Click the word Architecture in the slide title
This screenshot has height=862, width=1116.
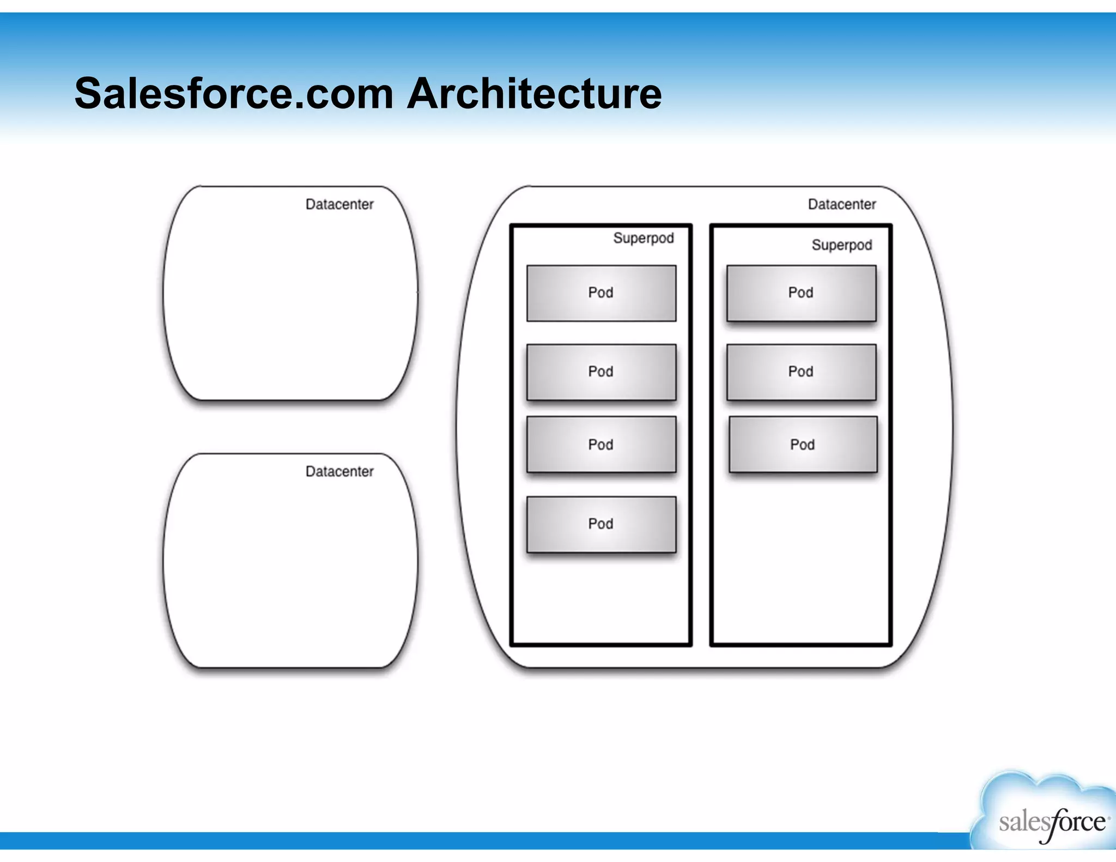point(534,94)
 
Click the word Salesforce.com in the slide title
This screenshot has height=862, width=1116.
point(234,94)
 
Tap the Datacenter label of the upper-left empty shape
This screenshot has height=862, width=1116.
point(339,204)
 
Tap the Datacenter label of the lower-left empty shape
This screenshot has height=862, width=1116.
point(339,471)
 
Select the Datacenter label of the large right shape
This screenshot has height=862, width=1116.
point(841,204)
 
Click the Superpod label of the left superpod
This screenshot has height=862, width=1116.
point(643,238)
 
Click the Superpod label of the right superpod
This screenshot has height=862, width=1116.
point(841,245)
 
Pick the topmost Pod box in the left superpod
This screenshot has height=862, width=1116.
point(601,293)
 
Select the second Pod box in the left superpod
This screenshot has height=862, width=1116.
point(601,372)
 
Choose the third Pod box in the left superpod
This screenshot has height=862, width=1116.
point(601,445)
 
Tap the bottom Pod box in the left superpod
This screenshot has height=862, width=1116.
point(601,524)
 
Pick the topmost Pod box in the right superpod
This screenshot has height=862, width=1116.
point(801,293)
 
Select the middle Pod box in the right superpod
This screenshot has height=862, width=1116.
point(801,372)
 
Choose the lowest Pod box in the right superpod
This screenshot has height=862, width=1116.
point(803,445)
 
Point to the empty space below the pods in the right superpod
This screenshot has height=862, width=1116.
point(801,561)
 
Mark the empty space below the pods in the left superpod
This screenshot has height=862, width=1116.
point(601,599)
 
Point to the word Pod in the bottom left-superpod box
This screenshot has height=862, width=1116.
point(601,524)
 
